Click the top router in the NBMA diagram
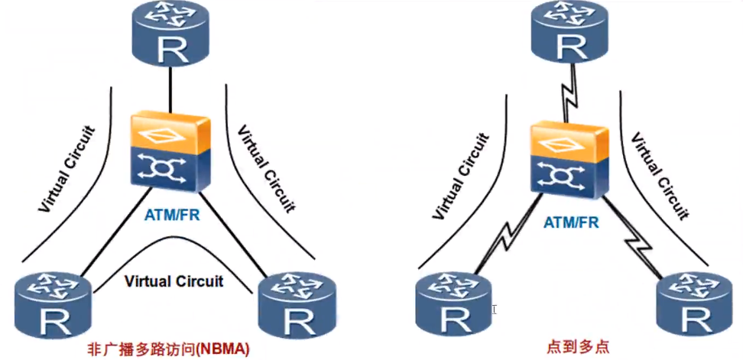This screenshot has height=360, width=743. (170, 35)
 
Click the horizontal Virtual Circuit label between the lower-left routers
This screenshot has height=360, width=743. (174, 281)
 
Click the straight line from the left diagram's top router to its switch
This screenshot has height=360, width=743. (170, 90)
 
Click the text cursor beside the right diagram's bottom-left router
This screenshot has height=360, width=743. (494, 310)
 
